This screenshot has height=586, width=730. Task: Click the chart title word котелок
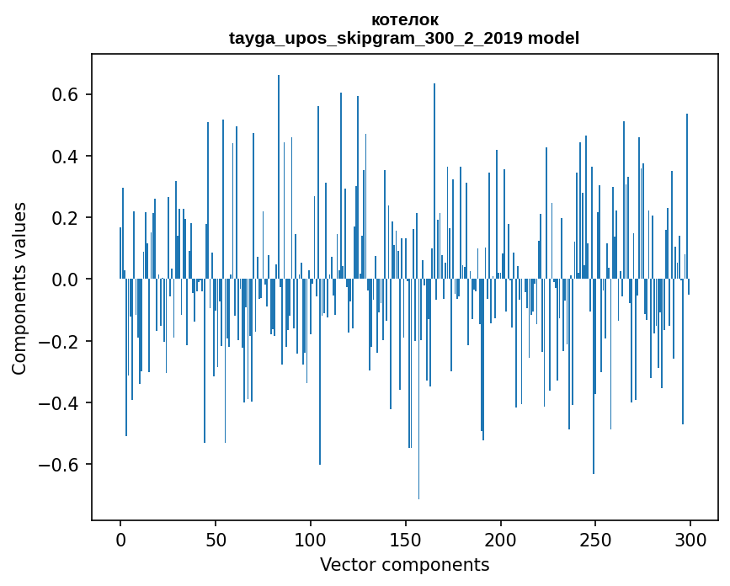[404, 20]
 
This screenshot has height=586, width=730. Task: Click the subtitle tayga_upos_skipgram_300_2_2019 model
[404, 38]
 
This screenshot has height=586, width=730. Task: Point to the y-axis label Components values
[19, 288]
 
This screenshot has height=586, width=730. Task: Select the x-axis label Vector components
[404, 565]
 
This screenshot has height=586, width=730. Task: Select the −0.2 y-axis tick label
[59, 342]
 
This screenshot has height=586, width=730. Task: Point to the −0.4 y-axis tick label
[59, 403]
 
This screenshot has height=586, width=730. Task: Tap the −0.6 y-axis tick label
[59, 465]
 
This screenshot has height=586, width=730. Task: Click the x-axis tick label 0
[120, 540]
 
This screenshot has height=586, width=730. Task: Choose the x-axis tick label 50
[216, 540]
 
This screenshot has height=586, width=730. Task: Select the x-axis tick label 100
[311, 540]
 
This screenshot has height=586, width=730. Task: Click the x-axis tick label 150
[406, 540]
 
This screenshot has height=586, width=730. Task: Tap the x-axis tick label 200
[501, 540]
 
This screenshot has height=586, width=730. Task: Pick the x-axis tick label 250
[596, 540]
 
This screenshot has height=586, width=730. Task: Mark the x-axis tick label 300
[691, 540]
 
